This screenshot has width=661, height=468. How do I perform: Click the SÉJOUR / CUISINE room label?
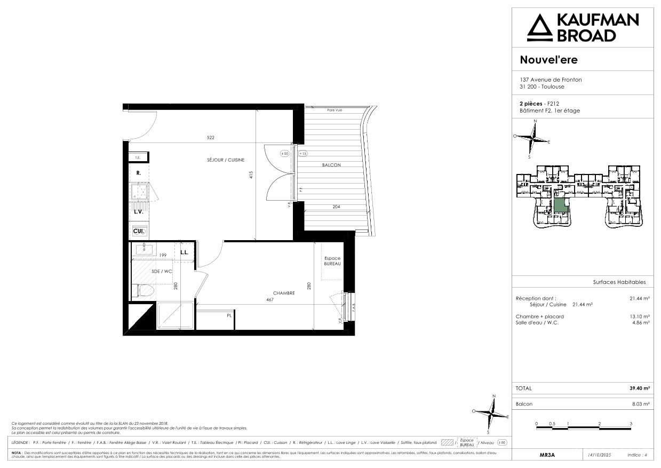tap(226, 160)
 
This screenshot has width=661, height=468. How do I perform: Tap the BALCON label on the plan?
tap(331, 165)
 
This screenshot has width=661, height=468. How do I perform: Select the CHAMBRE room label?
tap(284, 292)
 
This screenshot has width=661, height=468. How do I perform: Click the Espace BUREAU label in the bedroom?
tap(332, 261)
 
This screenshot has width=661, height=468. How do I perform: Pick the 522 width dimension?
tap(211, 138)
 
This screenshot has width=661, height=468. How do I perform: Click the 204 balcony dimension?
tap(336, 207)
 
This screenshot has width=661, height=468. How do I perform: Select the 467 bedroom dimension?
tap(270, 299)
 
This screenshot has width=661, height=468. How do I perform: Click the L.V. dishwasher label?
tap(138, 212)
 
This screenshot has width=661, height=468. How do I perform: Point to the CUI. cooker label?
tap(138, 231)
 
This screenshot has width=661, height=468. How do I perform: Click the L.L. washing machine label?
tap(184, 252)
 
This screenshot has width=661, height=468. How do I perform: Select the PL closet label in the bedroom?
tap(229, 315)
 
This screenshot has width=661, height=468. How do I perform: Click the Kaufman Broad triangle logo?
tap(539, 28)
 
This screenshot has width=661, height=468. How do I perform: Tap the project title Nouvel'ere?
tap(548, 60)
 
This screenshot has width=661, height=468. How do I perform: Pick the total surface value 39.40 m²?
tap(639, 388)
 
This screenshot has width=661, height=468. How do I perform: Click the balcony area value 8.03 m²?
tap(640, 404)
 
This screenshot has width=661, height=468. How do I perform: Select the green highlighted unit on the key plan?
tap(559, 204)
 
